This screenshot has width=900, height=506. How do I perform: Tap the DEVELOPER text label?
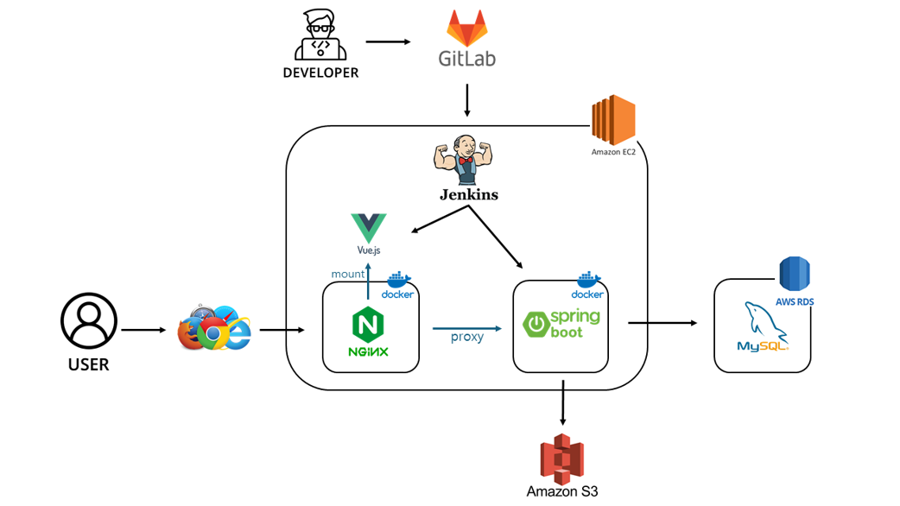pos(320,73)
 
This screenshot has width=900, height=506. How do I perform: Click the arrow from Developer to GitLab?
pos(388,41)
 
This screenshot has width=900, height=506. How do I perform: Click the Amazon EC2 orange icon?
pos(613,120)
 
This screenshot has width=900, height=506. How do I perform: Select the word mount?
pos(348,274)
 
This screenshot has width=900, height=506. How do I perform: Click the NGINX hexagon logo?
pos(369,326)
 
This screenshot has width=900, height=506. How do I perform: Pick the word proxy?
pos(467,337)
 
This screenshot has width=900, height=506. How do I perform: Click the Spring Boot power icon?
pos(536,325)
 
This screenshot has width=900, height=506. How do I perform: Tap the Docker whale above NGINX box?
pos(398,281)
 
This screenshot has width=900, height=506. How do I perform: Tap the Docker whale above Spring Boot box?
pos(588,281)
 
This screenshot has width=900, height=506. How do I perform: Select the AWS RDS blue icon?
pos(795,275)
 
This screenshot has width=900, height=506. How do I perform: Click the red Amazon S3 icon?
pos(562,458)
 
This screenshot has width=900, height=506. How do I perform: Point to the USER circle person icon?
pos(89,321)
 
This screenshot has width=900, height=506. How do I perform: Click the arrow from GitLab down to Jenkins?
pos(467,100)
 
